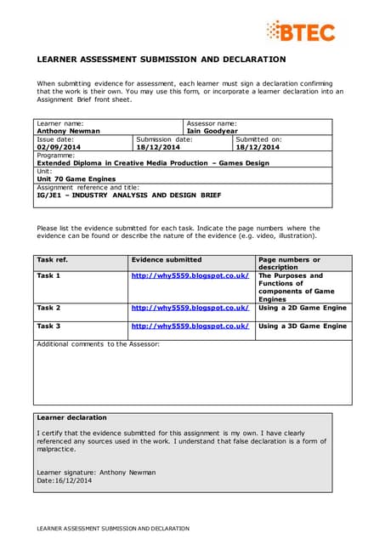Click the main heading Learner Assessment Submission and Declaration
pos(160,59)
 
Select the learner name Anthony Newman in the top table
pos(68,131)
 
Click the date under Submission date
pos(159,147)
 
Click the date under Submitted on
pos(258,147)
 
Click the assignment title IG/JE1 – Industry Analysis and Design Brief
pos(128,195)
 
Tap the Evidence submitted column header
pos(167,259)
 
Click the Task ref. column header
pos(52,259)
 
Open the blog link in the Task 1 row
pos(190,276)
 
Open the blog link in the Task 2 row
pos(190,308)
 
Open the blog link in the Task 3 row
pos(190,326)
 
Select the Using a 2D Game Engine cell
pos(302,308)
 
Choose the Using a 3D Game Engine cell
pos(302,326)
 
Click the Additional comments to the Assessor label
pos(98,343)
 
